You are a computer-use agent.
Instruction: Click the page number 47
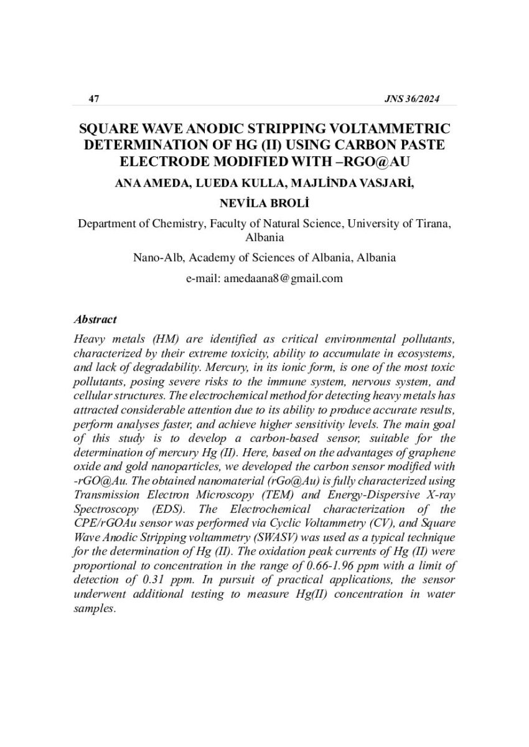pos(95,99)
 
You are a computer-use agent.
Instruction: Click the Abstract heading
pos(95,319)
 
